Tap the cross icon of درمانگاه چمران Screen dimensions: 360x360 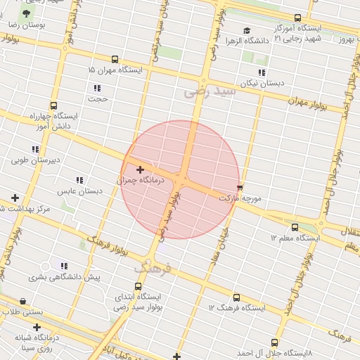click(140, 169)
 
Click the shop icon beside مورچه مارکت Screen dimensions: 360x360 click(240, 188)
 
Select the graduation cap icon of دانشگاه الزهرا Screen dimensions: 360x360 click(247, 30)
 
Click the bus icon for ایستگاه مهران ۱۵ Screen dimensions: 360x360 click(115, 60)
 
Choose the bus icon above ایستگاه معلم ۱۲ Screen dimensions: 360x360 click(295, 227)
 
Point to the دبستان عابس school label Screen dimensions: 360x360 click(76, 191)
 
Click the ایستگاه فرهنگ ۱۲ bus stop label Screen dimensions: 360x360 click(237, 308)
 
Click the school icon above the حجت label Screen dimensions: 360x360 click(97, 88)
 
